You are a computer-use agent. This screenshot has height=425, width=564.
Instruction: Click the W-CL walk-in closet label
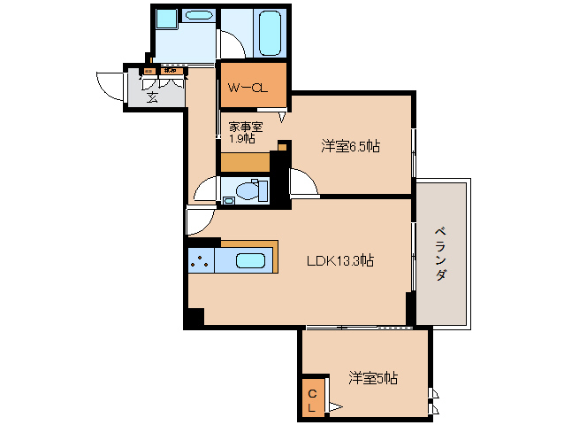point(247,88)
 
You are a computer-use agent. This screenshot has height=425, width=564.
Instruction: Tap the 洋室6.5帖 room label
point(350,146)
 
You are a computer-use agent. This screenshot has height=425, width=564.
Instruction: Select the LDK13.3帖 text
point(339,260)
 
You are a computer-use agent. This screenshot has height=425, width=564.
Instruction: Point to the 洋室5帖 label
point(372,378)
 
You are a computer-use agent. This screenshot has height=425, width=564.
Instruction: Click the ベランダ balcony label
point(439,253)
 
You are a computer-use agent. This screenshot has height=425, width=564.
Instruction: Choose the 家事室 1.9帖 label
point(245,133)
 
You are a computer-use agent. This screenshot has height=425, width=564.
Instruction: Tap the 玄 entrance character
point(152,97)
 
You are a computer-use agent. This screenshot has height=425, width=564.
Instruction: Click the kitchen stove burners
point(199,261)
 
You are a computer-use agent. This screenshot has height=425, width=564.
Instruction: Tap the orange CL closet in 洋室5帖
point(312,400)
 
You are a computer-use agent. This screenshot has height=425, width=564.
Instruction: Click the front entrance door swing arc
point(108,86)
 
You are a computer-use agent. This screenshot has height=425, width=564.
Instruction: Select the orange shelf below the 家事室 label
point(245,162)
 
